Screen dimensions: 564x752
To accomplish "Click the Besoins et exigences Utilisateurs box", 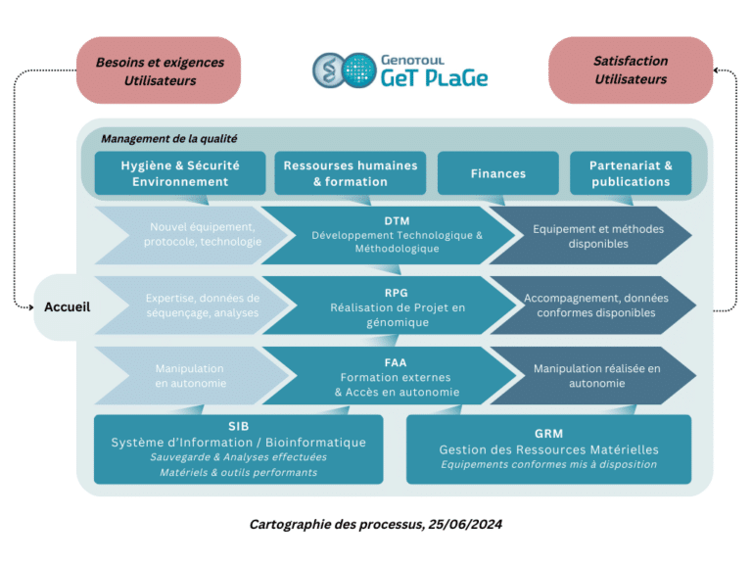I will (x=159, y=70).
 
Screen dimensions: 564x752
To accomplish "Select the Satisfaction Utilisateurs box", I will (x=631, y=70).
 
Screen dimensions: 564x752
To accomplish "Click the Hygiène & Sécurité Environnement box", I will (x=180, y=173).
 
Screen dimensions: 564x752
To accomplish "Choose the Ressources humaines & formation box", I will (x=350, y=173).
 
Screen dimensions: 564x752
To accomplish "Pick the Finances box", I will (x=497, y=173).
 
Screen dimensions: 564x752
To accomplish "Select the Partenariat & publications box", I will (x=631, y=173).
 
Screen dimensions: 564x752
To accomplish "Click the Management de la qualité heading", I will (x=168, y=139).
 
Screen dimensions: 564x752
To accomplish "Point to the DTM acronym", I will (x=397, y=221).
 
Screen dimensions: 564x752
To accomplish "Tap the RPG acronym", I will (x=397, y=292).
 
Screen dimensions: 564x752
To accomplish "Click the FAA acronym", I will (x=397, y=362).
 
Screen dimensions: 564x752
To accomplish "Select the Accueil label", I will (x=68, y=306).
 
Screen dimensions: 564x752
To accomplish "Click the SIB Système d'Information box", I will (x=238, y=448).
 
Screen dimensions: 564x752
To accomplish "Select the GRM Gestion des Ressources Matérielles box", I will (x=548, y=448).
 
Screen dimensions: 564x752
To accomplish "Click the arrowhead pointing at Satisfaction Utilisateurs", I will (x=718, y=70).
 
